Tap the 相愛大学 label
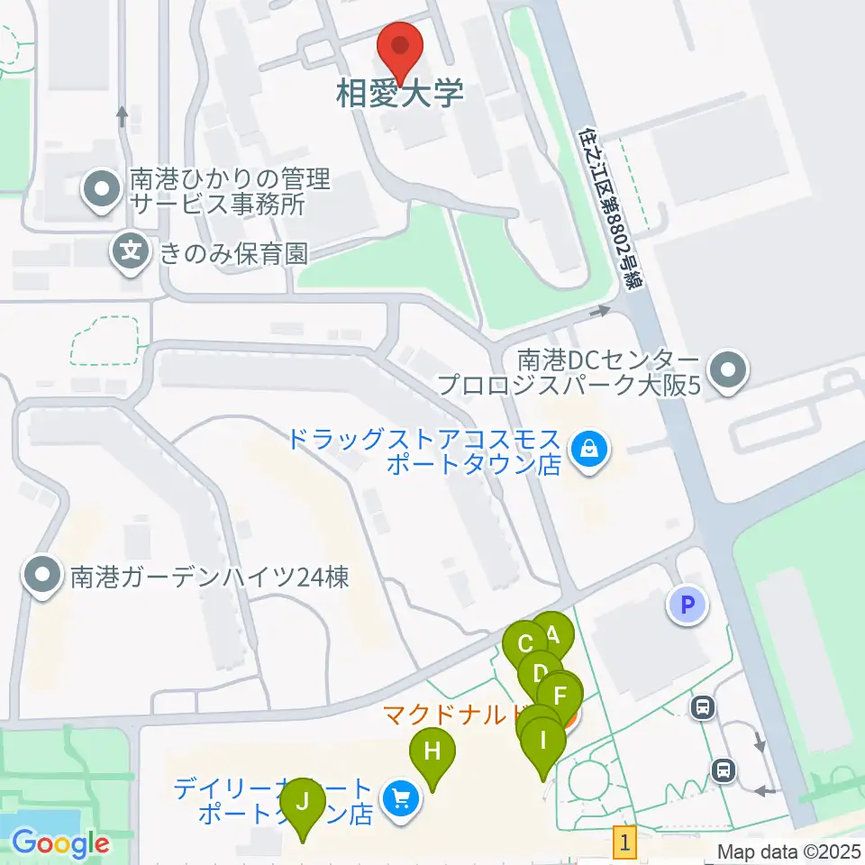[399, 93]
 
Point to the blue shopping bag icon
[587, 445]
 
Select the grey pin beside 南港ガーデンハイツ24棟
[41, 574]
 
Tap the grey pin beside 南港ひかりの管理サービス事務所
[101, 190]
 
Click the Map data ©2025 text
[788, 851]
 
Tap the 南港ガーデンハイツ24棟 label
[209, 575]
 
